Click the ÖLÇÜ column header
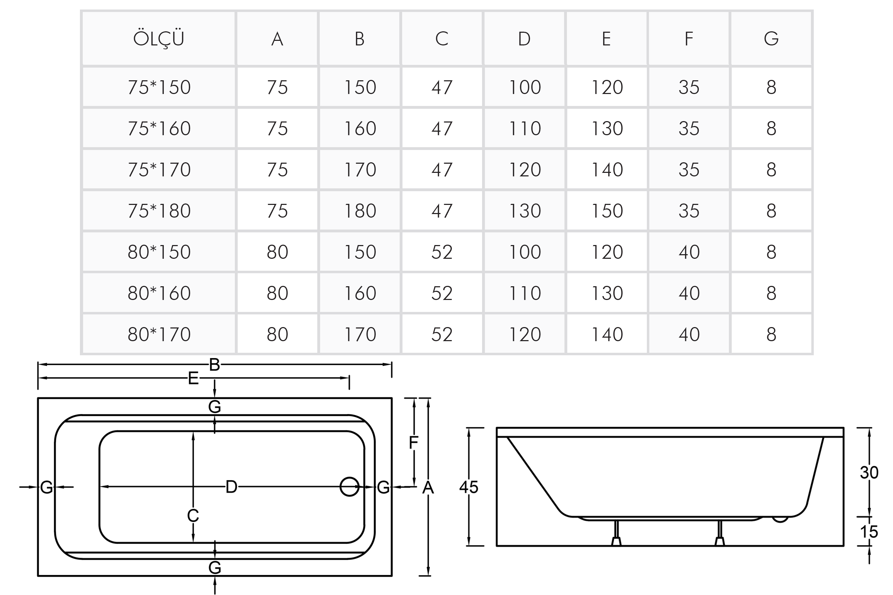click(x=159, y=39)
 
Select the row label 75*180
click(x=159, y=211)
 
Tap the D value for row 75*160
click(x=524, y=128)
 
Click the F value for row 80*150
click(x=689, y=252)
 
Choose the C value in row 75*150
click(x=442, y=87)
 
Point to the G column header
click(x=771, y=39)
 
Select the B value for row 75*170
click(x=360, y=170)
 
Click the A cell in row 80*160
click(x=277, y=293)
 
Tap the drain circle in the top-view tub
click(x=349, y=487)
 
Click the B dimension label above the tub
click(x=214, y=365)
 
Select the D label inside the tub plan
click(x=231, y=487)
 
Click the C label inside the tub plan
click(x=193, y=516)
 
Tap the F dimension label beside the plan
click(x=413, y=442)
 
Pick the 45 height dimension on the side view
click(x=468, y=487)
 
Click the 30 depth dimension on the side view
click(x=869, y=472)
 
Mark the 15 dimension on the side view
click(x=869, y=532)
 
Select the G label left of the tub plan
click(x=46, y=487)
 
